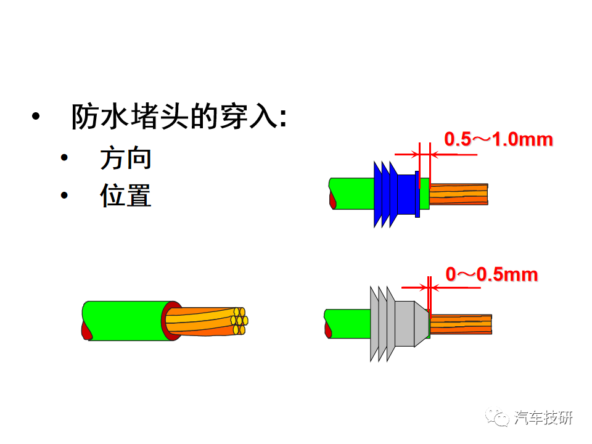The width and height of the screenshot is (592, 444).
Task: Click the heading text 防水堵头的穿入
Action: pyautogui.click(x=175, y=117)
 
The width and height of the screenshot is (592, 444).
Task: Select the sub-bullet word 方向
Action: pyautogui.click(x=126, y=158)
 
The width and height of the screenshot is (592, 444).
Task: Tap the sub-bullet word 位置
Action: pyautogui.click(x=126, y=195)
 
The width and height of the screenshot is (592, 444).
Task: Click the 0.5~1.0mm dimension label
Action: pyautogui.click(x=498, y=139)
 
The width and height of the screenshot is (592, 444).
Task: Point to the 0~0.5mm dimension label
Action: pyautogui.click(x=491, y=274)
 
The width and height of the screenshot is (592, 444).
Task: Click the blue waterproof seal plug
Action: pyautogui.click(x=397, y=194)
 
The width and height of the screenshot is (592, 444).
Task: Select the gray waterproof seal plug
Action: pyautogui.click(x=400, y=324)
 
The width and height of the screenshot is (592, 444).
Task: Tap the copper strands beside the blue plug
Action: pyautogui.click(x=459, y=194)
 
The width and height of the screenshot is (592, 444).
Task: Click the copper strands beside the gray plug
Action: pyautogui.click(x=461, y=324)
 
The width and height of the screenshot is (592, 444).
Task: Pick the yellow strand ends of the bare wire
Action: pyautogui.click(x=239, y=321)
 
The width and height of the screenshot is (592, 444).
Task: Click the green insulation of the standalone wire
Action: pyautogui.click(x=125, y=321)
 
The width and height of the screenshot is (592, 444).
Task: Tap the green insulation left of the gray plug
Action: pyautogui.click(x=348, y=324)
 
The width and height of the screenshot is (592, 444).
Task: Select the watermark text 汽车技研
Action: pyautogui.click(x=543, y=417)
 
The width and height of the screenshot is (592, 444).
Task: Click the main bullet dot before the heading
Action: pyautogui.click(x=36, y=117)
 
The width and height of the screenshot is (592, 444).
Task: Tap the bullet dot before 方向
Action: pyautogui.click(x=64, y=158)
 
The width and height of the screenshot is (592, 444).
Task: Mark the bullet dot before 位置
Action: pyautogui.click(x=64, y=195)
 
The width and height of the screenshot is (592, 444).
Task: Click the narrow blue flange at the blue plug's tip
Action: pyautogui.click(x=417, y=194)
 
